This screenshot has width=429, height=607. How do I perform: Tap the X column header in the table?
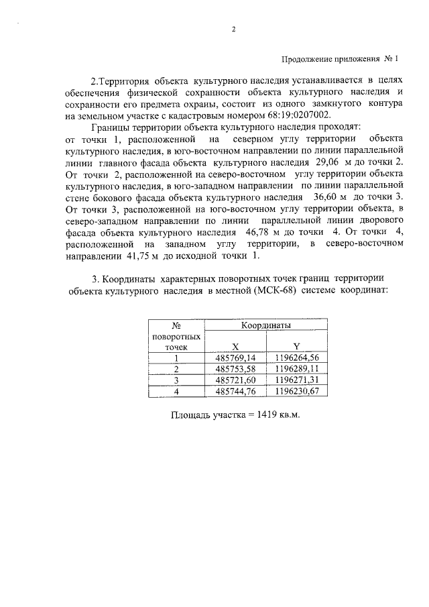tap(235, 347)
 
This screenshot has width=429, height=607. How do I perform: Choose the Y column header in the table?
tap(297, 347)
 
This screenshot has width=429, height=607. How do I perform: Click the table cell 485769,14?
tap(235, 358)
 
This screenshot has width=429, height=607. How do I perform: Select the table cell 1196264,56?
tap(297, 358)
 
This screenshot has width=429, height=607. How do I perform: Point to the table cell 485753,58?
tap(235, 369)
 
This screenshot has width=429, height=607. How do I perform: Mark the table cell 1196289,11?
tap(297, 369)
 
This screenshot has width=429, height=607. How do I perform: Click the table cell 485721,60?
tap(235, 380)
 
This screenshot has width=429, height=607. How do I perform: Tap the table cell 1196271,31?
tap(297, 380)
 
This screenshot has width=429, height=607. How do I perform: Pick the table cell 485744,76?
tap(235, 391)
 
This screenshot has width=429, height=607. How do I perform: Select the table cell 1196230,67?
tap(297, 391)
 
